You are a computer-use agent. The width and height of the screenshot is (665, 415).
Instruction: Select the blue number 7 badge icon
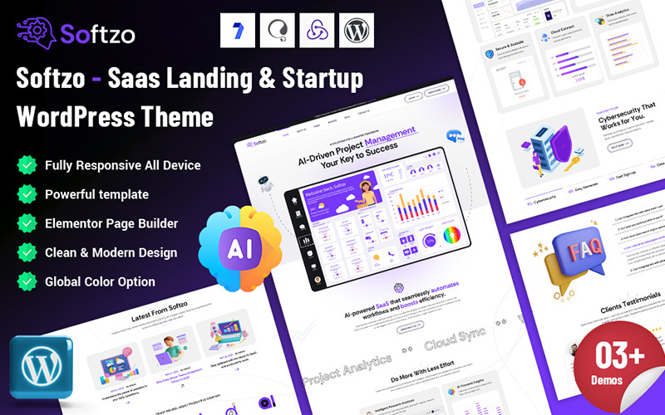(x=238, y=30)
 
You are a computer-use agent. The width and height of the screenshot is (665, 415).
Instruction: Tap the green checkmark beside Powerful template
(x=27, y=194)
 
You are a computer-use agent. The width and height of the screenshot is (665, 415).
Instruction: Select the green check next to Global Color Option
(x=27, y=281)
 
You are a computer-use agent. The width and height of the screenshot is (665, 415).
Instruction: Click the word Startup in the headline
(x=320, y=80)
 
